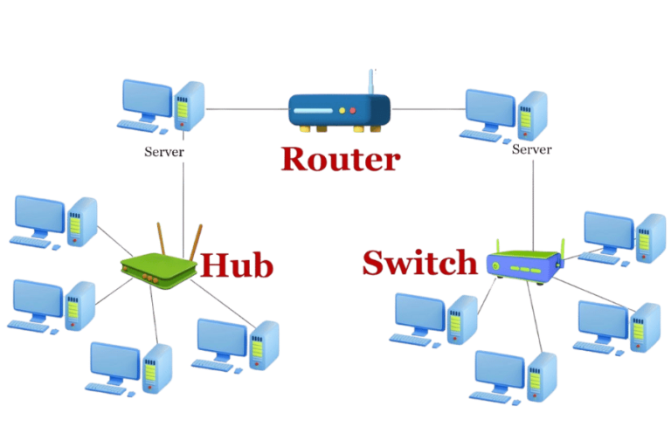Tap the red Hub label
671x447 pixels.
(x=237, y=265)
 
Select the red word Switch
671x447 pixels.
(x=420, y=263)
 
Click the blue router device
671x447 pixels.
(x=339, y=111)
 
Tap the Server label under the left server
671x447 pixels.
(x=164, y=151)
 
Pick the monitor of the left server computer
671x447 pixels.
(x=146, y=100)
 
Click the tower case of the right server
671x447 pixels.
(x=533, y=114)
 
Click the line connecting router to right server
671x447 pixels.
(x=428, y=109)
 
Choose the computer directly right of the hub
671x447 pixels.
(x=236, y=345)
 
